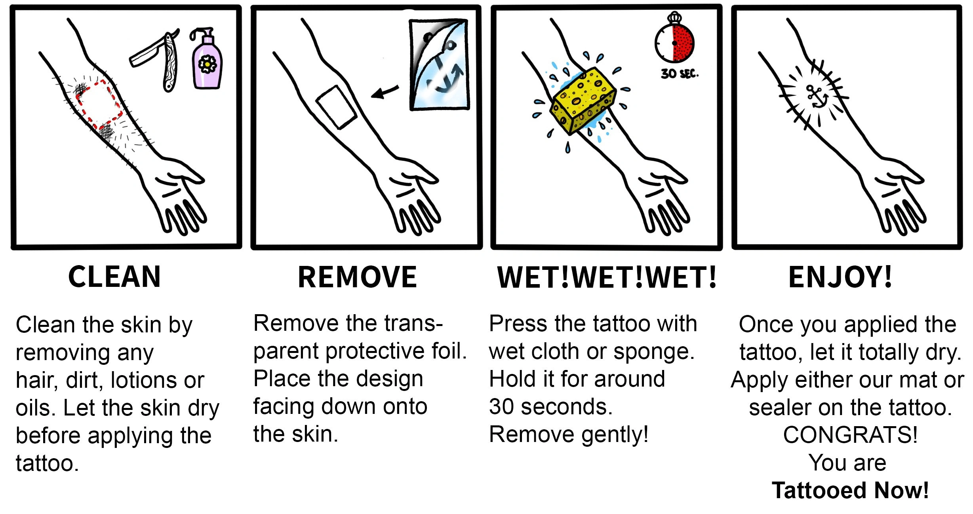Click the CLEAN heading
[x=114, y=277]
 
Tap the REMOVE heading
[x=357, y=277]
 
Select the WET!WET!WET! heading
[x=607, y=277]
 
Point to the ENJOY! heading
[x=840, y=277]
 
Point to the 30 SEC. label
[x=679, y=74]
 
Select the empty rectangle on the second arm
[x=336, y=107]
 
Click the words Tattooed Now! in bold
[x=850, y=491]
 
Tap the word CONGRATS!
[x=850, y=435]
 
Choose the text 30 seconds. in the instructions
[x=550, y=407]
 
